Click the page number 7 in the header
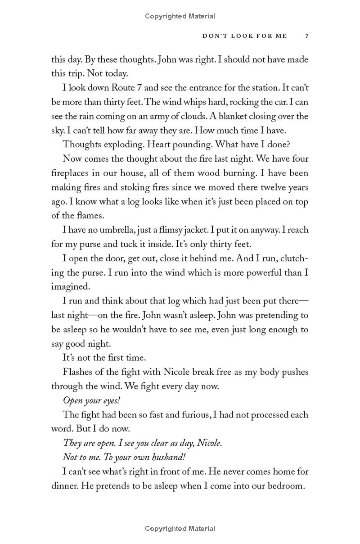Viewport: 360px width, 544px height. (306, 36)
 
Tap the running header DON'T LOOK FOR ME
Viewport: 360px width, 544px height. (244, 36)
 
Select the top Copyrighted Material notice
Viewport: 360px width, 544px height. (180, 16)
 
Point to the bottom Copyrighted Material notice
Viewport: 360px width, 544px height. (180, 529)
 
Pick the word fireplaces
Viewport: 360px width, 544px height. (69, 173)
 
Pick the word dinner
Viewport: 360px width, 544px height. (64, 486)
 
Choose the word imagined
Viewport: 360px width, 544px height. (71, 286)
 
